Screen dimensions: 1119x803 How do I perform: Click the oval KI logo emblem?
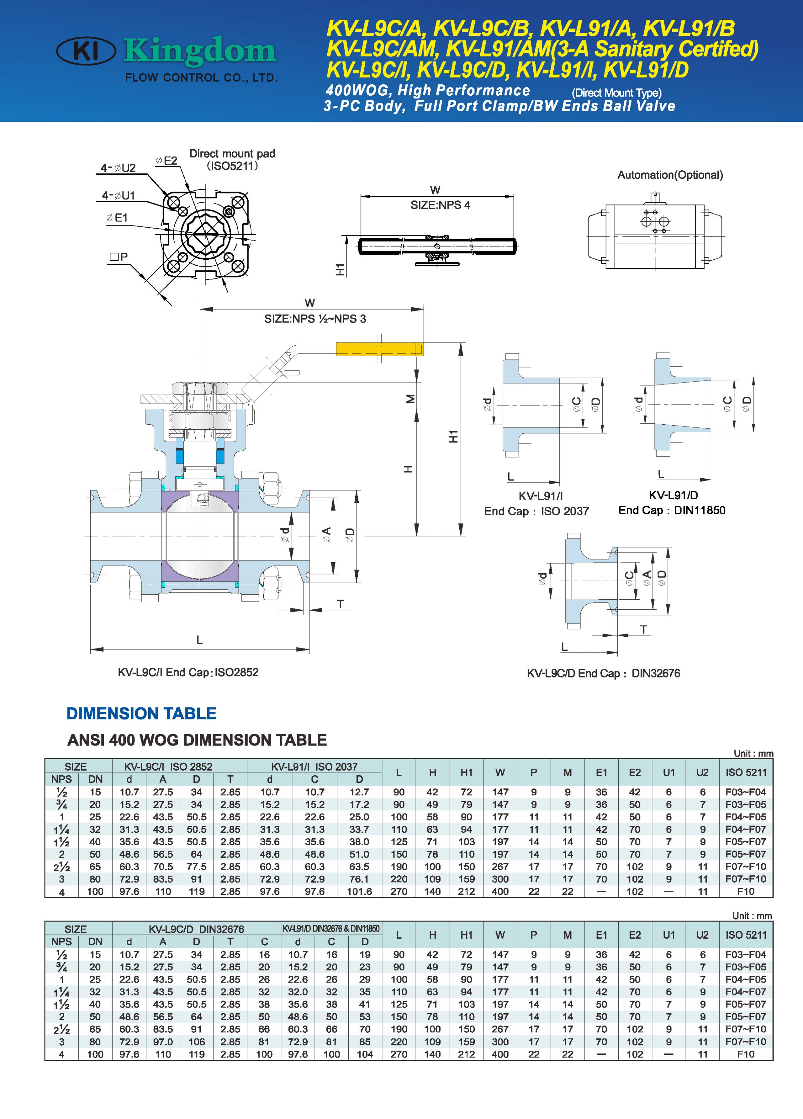point(86,51)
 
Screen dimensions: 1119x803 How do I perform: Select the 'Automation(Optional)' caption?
point(670,175)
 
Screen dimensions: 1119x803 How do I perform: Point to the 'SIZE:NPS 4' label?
point(440,205)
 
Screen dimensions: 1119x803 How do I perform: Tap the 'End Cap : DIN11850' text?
point(672,511)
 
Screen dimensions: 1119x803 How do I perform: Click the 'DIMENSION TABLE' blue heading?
point(141,713)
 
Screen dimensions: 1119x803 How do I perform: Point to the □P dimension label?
point(118,257)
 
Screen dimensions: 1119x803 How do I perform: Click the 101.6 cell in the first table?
point(359,891)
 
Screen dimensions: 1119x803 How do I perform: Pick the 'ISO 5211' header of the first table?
point(746,773)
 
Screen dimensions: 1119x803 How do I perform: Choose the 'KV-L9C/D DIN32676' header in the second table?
point(196,929)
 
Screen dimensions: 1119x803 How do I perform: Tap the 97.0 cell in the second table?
point(163,1042)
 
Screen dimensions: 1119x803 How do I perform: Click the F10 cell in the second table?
point(746,1054)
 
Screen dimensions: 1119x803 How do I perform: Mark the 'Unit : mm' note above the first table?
point(753,753)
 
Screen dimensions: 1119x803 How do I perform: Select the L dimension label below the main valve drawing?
point(199,640)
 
